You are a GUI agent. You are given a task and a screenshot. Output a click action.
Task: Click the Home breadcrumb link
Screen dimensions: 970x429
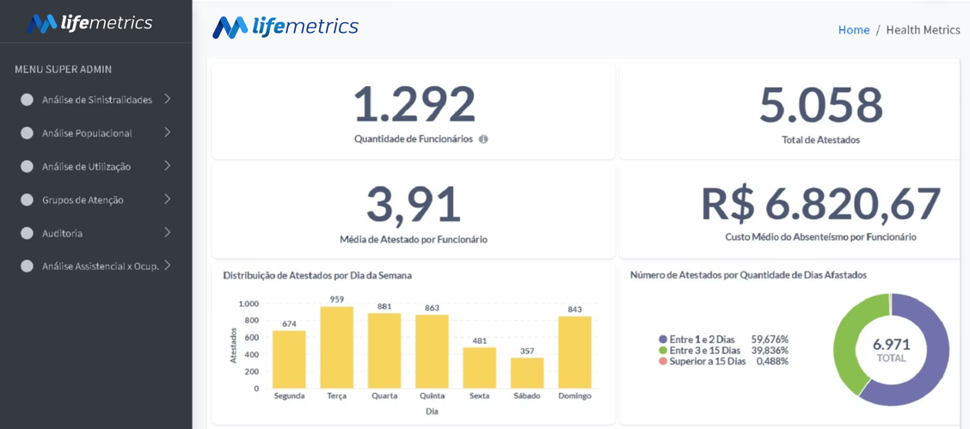854,30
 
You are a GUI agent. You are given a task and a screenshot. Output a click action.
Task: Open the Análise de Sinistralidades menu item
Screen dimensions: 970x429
97,100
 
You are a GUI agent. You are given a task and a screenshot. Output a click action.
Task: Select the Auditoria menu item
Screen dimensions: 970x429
63,234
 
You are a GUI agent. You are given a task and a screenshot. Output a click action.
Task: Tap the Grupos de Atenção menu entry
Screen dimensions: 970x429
83,200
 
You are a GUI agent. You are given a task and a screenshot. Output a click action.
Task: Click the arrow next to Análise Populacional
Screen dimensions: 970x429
167,132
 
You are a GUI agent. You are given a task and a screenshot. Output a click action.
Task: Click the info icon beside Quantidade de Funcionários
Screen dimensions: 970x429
483,139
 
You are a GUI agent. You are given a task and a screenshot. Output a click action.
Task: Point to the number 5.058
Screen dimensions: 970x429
821,105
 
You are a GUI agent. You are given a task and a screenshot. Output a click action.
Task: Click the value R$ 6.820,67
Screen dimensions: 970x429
821,204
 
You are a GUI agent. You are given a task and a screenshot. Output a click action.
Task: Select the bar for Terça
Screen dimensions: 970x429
337,347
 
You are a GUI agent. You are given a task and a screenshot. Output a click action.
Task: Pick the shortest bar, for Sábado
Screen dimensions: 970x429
527,373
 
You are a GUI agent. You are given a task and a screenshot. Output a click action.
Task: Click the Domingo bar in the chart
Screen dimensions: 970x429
574,352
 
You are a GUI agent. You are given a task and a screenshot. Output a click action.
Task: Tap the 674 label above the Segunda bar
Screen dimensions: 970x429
289,323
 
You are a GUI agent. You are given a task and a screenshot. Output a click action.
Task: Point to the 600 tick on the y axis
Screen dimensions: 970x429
250,338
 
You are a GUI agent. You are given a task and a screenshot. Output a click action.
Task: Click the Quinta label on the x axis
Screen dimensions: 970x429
432,395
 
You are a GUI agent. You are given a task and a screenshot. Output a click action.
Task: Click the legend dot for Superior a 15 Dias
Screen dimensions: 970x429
663,361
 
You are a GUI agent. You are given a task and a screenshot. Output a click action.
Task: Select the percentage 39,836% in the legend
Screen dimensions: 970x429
770,351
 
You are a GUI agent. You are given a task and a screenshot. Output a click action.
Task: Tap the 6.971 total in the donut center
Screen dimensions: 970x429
891,344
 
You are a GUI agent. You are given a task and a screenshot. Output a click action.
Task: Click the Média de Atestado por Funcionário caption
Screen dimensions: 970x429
414,239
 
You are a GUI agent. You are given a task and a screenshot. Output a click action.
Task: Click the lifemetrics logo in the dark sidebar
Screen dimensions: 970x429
89,23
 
